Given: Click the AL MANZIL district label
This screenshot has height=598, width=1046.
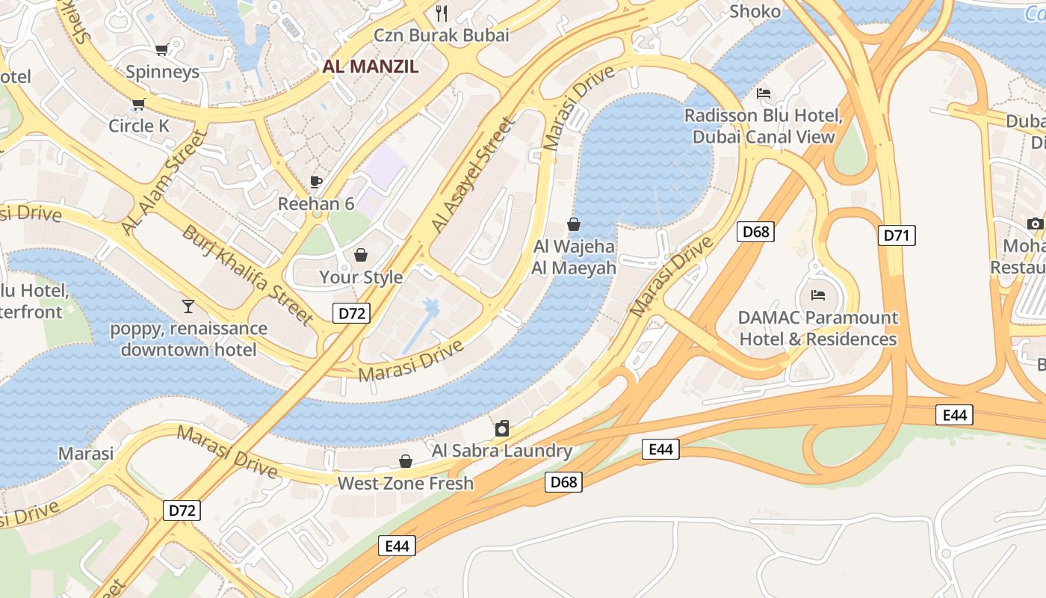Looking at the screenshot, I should tap(370, 66).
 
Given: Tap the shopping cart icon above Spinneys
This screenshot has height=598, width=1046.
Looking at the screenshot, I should tap(161, 50).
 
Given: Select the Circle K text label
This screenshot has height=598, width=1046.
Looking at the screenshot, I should tap(139, 126).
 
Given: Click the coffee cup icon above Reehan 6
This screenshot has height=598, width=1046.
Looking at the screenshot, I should tap(316, 182).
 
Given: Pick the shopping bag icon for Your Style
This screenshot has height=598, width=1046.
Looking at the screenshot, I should tap(361, 256).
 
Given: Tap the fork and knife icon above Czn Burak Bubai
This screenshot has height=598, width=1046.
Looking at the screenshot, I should tap(442, 13).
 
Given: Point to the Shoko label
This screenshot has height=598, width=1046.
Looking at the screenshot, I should tap(755, 11).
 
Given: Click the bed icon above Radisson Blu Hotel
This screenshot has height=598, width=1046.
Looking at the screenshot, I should tap(764, 94).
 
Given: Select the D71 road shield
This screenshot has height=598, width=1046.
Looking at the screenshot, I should tap(896, 236).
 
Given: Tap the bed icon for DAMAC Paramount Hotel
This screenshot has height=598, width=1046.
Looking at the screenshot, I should tap(818, 295).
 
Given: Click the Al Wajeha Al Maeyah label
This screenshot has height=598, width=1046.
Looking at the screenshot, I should tap(574, 257).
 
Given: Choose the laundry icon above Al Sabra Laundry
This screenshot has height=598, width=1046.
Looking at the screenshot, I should tap(502, 428).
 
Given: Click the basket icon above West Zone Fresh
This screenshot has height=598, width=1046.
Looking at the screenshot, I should tap(406, 461).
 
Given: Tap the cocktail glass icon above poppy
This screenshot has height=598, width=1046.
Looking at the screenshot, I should tap(188, 306).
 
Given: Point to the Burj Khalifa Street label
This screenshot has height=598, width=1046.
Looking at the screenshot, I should tap(248, 274).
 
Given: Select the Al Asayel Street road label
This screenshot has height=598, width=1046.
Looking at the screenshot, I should tap(474, 174).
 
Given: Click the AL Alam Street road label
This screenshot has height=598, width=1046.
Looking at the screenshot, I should tap(163, 182).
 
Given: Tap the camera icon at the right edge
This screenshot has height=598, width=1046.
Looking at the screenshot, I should tap(1035, 224).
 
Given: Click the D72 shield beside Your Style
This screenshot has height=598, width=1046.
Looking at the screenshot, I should tap(351, 313).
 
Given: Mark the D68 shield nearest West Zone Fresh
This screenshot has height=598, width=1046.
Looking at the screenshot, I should tap(563, 482).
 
